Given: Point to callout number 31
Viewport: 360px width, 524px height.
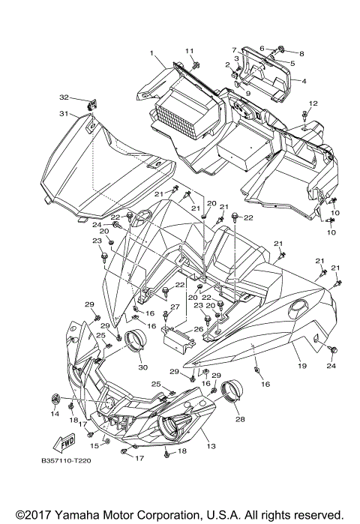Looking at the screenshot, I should (64, 114).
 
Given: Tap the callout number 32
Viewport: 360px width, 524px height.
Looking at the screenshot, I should (64, 97).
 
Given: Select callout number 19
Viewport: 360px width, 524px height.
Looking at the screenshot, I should (302, 366).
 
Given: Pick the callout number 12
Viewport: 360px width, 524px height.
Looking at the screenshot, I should (313, 103).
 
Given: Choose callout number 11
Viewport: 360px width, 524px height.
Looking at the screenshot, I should (190, 50).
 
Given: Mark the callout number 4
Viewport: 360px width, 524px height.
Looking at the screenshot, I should (304, 80).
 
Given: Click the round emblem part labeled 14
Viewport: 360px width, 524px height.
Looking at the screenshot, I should (55, 397).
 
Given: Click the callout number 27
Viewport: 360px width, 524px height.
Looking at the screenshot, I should (173, 307).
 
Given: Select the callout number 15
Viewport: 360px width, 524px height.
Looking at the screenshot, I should (94, 445).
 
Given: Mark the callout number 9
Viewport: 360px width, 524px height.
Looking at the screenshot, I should (247, 94).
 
